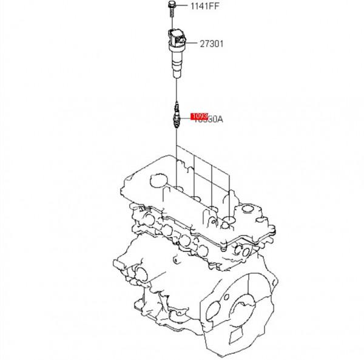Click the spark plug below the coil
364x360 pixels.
pos(176,115)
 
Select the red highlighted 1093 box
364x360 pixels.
pos(200,116)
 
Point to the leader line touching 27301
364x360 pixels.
pos(194,43)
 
